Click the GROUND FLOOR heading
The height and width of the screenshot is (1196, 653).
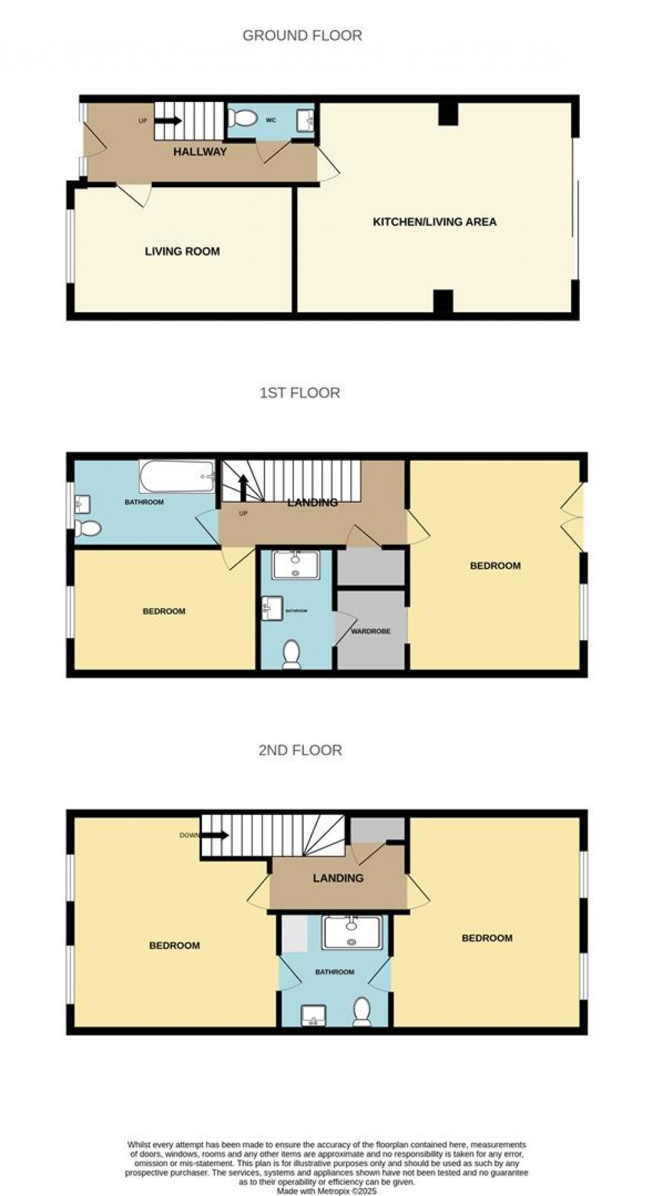(x=302, y=36)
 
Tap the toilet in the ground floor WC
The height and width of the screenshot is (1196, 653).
(x=243, y=119)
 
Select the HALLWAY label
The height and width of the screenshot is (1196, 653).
(x=200, y=152)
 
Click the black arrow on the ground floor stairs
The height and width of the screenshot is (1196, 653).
(x=168, y=121)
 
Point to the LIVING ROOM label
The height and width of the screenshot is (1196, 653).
(x=182, y=252)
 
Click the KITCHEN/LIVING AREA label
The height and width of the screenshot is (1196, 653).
(x=434, y=222)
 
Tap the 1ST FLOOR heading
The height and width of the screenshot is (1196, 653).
(x=299, y=393)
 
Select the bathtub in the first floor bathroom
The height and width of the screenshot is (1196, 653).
(x=177, y=476)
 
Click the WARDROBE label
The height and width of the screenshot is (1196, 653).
(x=370, y=631)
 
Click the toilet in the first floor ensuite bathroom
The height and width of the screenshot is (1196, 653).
(x=291, y=655)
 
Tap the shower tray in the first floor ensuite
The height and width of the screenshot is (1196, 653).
(x=295, y=565)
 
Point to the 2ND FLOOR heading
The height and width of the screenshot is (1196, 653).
(x=300, y=750)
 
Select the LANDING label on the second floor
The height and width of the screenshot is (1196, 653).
(x=338, y=878)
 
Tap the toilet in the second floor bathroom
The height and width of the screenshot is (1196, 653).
(x=362, y=1012)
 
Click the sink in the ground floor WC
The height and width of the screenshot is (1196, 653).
(x=309, y=120)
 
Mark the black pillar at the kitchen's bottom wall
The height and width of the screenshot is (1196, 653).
(x=443, y=301)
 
